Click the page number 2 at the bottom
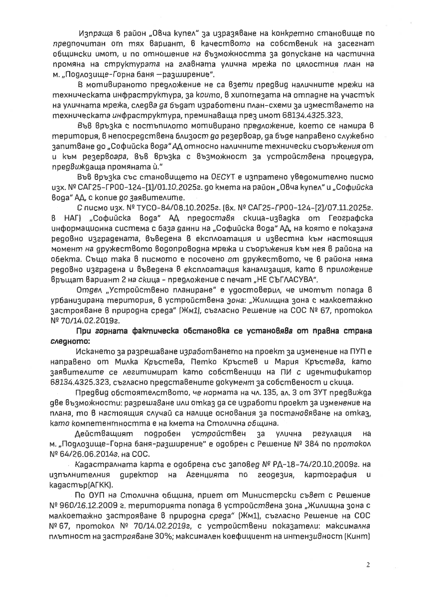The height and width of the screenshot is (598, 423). click(x=368, y=565)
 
